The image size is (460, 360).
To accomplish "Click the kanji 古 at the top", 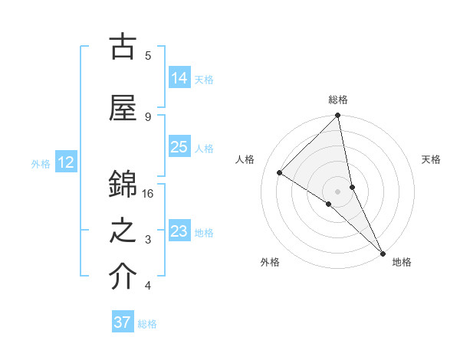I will tap(123, 48).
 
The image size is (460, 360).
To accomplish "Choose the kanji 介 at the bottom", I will tap(123, 277).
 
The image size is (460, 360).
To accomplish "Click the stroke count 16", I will tap(148, 194).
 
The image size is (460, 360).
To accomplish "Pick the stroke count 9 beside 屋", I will tap(147, 116).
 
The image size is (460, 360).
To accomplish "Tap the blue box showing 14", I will tap(179, 78).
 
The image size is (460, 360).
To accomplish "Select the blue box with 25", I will tap(179, 147).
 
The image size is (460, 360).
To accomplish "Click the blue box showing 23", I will tap(179, 231).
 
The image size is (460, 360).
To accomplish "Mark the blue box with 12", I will tap(66, 162).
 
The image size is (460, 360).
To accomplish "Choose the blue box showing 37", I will tap(122, 322).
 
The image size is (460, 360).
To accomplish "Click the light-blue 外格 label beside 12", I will tap(41, 163).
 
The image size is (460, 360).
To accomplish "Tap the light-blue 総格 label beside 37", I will tap(147, 324).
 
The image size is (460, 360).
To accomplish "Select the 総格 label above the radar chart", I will tap(338, 100).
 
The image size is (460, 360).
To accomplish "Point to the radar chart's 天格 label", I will tap(431, 159).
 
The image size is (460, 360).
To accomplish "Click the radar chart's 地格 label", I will tap(402, 262).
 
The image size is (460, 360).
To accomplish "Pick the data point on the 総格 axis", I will tap(338, 116).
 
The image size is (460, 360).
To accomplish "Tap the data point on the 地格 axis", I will tap(382, 252).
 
